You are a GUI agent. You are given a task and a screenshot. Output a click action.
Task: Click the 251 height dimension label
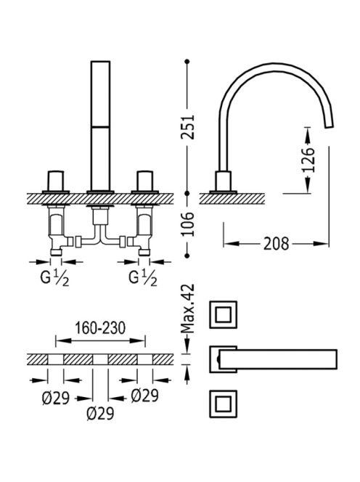click(188, 127)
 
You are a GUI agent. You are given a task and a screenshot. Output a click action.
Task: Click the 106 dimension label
click(188, 224)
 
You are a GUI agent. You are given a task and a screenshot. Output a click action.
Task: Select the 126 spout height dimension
click(308, 160)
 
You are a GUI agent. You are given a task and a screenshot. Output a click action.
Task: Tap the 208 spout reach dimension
click(276, 244)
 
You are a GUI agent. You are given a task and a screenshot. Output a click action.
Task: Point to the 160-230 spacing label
click(101, 328)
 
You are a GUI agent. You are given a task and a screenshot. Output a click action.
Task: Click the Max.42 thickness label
click(188, 309)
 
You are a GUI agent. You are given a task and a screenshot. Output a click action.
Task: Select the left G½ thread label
click(55, 279)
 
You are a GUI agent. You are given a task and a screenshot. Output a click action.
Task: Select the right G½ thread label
click(143, 279)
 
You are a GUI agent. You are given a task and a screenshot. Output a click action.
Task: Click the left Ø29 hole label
click(56, 399)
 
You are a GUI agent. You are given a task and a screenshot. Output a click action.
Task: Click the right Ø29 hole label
click(144, 396)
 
